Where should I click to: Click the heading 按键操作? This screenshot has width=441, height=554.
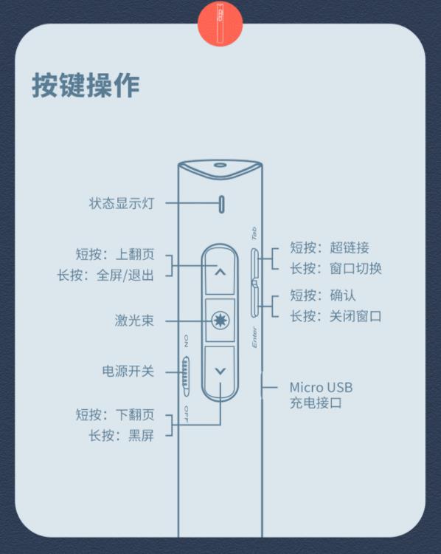point(86,86)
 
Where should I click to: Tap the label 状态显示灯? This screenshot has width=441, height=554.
point(122,203)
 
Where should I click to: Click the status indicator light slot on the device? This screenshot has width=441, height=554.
point(221,204)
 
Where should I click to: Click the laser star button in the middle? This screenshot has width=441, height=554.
point(220,321)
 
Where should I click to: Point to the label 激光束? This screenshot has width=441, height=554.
point(134,321)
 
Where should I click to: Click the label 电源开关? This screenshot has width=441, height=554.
point(128,372)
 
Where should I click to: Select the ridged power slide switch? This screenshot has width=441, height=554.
point(186,376)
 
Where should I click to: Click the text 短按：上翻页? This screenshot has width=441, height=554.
point(115,254)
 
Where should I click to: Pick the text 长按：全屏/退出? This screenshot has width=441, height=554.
point(106,276)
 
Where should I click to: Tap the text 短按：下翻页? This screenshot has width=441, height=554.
point(115,414)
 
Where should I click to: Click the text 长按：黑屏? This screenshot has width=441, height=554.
point(122,435)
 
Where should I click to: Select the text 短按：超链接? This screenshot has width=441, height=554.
point(330,247)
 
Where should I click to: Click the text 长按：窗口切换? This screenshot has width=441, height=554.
point(336,269)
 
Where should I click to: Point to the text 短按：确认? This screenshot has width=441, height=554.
point(323,295)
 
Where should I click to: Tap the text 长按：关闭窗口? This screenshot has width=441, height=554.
point(336,316)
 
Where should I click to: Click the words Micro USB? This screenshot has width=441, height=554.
point(321,387)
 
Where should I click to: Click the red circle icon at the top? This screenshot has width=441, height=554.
point(220,24)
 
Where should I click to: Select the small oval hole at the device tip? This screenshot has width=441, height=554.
point(220,165)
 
